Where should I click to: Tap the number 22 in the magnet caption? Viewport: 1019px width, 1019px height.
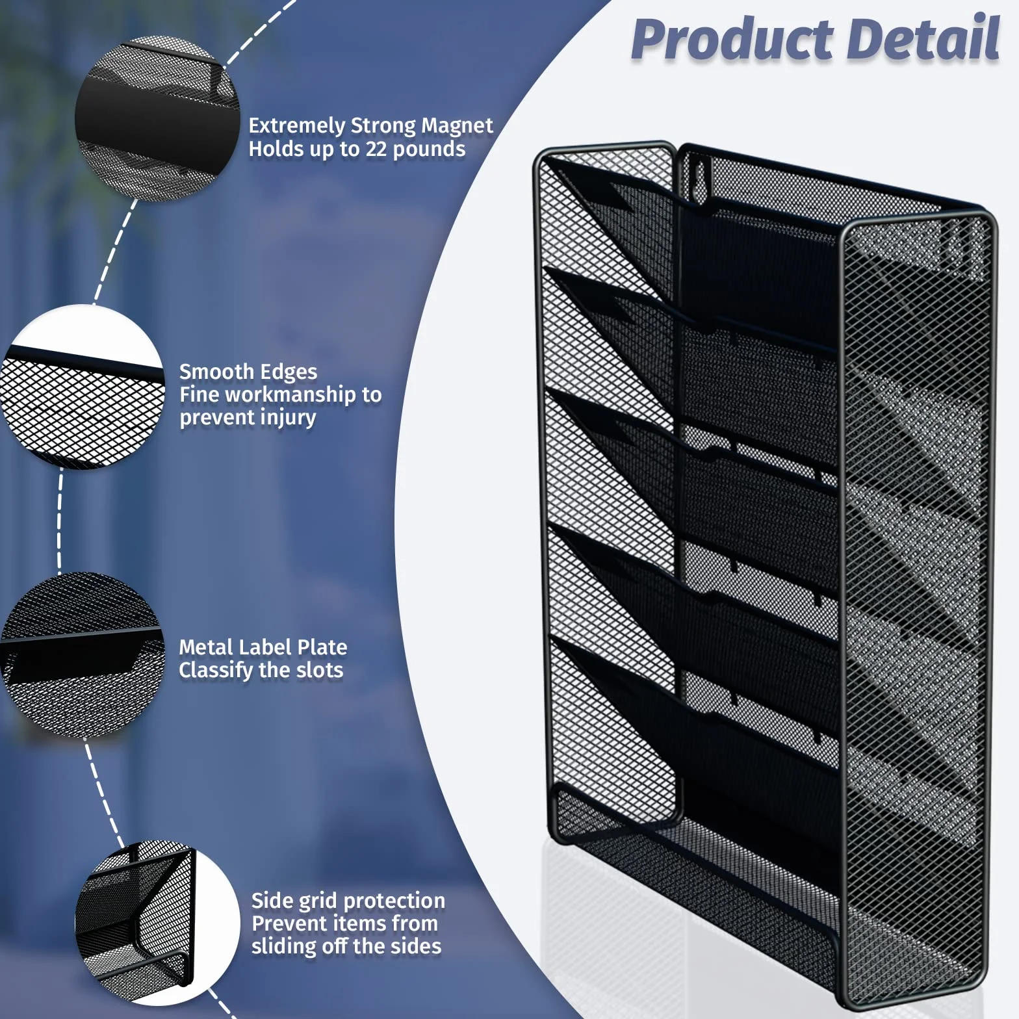376,149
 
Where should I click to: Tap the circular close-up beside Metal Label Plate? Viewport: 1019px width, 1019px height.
82,654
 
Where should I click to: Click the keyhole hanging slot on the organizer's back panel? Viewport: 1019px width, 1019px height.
699,176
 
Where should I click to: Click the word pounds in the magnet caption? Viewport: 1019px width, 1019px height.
429,149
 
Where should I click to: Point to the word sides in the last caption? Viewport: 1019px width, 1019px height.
415,946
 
